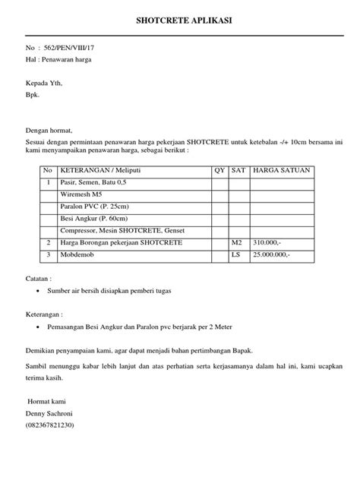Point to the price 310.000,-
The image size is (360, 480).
click(x=269, y=242)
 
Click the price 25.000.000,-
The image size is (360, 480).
click(x=273, y=254)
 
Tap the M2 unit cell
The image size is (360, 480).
click(x=236, y=242)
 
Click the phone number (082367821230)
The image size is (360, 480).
click(x=55, y=427)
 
